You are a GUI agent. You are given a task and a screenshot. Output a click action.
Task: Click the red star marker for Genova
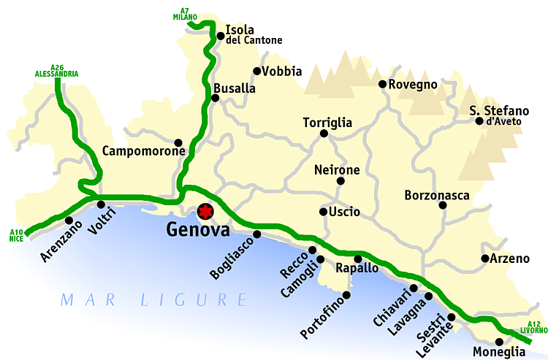205,212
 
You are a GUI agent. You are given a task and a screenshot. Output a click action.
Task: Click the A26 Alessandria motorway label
56,70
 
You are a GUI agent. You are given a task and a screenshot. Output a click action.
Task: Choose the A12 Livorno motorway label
533,327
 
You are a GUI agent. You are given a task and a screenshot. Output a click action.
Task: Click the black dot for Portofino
346,295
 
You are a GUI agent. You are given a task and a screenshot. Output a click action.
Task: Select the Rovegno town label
413,85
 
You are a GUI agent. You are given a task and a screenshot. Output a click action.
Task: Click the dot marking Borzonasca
443,205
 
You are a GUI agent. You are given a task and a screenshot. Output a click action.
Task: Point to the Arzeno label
509,258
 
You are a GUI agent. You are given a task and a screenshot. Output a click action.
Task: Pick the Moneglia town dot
499,341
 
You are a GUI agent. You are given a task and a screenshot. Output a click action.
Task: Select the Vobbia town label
282,72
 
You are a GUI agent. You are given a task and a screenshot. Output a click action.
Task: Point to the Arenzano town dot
69,221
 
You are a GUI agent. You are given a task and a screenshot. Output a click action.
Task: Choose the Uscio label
344,212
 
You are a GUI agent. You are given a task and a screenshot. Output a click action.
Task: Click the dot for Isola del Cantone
220,35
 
